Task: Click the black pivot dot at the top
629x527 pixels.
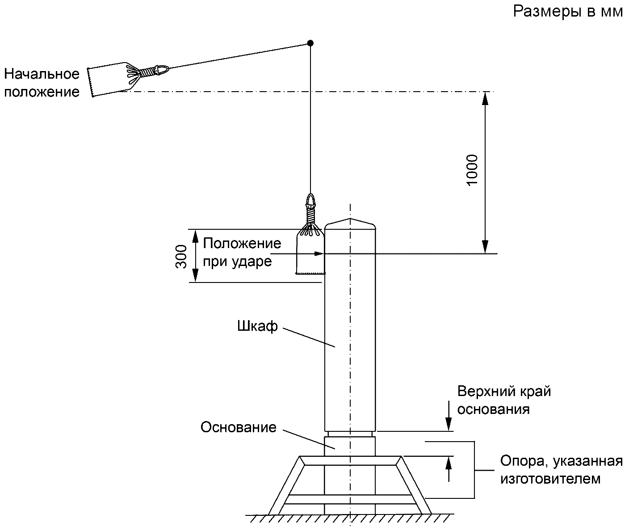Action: click(x=310, y=43)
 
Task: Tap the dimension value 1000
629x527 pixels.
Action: click(x=472, y=170)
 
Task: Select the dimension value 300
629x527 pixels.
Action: click(x=181, y=257)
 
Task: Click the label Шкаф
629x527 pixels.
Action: click(x=257, y=326)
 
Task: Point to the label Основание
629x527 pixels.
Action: click(x=238, y=427)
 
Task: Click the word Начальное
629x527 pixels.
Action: click(x=42, y=74)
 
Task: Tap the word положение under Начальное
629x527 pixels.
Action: click(x=42, y=92)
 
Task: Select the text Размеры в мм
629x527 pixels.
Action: click(x=568, y=12)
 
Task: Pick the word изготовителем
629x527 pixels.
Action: click(x=550, y=479)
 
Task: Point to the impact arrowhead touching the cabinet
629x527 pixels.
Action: click(x=319, y=253)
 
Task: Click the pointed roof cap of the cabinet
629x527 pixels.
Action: click(x=350, y=223)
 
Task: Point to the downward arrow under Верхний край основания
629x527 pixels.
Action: click(x=449, y=416)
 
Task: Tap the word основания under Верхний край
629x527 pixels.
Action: click(x=494, y=409)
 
